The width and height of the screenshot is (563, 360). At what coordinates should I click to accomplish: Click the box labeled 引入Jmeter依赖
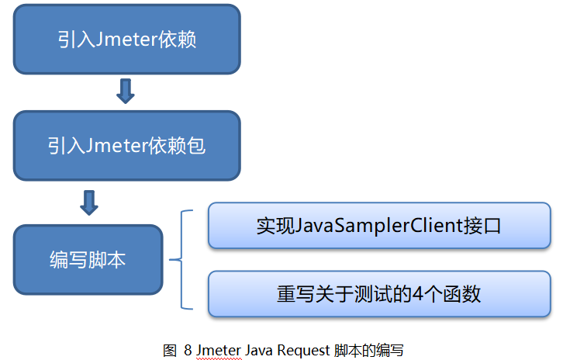[126, 39]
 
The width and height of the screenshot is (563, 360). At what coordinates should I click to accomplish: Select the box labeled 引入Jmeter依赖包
[126, 146]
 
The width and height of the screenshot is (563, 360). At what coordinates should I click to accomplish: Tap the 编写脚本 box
[88, 260]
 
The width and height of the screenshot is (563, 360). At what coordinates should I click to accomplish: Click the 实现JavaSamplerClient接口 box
[379, 226]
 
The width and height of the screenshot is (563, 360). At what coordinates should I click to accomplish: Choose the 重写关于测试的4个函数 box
[379, 294]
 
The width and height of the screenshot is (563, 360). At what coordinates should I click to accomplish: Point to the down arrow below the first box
[126, 92]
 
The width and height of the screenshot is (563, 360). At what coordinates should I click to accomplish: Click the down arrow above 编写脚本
[89, 203]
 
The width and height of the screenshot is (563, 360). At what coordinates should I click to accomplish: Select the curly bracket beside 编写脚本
[181, 259]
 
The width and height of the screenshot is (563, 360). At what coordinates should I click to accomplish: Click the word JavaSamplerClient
[379, 227]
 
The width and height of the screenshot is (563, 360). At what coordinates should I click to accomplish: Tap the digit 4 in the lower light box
[417, 294]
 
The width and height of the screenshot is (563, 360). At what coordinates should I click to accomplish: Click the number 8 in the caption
[188, 350]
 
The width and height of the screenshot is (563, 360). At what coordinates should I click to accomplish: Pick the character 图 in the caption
[170, 350]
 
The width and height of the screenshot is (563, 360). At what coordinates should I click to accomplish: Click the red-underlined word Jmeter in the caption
[219, 350]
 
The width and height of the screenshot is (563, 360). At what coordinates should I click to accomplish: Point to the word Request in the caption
[303, 351]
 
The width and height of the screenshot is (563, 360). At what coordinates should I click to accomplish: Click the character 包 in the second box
[196, 146]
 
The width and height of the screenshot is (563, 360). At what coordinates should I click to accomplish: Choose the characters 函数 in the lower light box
[461, 294]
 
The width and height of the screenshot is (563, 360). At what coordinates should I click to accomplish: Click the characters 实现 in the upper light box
[276, 226]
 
